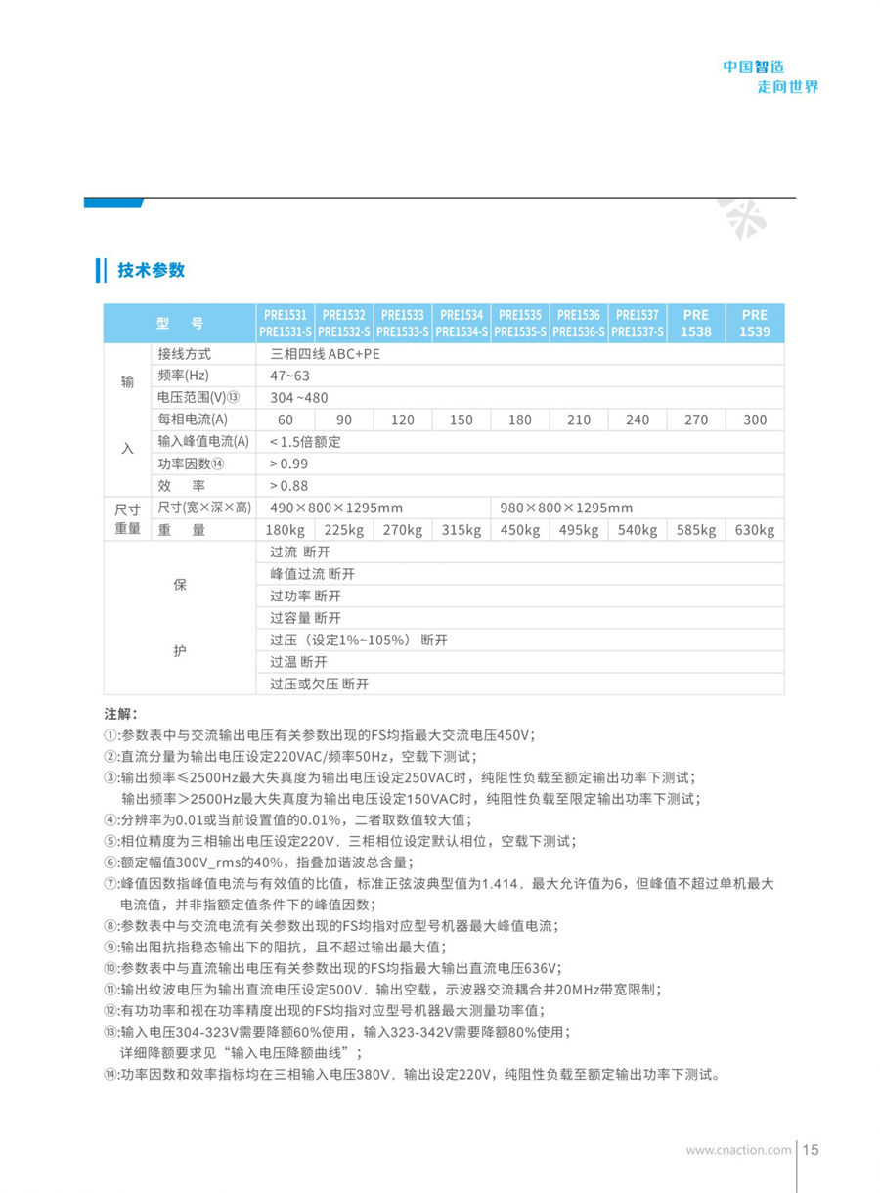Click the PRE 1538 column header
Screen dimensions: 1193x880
tap(696, 323)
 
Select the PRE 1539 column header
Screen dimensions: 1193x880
tap(755, 323)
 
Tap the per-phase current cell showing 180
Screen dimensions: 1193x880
tap(520, 420)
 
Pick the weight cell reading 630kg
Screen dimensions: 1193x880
tap(755, 530)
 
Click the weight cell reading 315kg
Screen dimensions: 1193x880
tap(462, 530)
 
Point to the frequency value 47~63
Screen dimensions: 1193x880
tap(289, 376)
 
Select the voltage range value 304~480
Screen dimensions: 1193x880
tap(299, 398)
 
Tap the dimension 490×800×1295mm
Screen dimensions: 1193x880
tap(336, 508)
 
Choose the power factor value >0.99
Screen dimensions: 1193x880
tap(288, 464)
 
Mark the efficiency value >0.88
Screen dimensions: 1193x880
tap(288, 486)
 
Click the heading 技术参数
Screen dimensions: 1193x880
tap(151, 270)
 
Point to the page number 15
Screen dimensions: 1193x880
tap(811, 1150)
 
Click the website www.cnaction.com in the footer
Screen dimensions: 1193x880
tap(738, 1150)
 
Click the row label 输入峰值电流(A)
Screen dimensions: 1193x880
tap(203, 442)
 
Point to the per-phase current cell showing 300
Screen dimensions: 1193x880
tap(755, 420)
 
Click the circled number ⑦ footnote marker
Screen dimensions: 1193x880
tap(110, 883)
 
